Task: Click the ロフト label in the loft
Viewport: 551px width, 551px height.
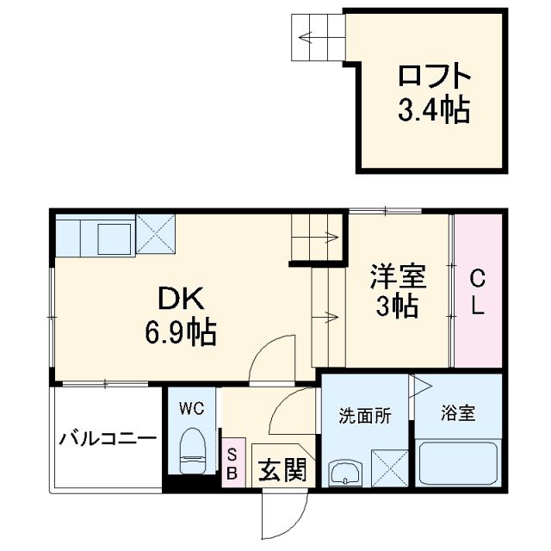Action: pyautogui.click(x=433, y=77)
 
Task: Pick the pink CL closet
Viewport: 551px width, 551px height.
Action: pyautogui.click(x=477, y=293)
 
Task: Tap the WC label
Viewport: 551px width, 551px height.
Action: pyautogui.click(x=191, y=408)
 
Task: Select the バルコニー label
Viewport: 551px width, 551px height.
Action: pyautogui.click(x=108, y=439)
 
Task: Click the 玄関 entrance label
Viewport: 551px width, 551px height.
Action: pyautogui.click(x=282, y=469)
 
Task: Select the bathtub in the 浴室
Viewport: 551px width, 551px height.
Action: pyautogui.click(x=456, y=465)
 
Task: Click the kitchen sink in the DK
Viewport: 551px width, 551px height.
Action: pyautogui.click(x=113, y=235)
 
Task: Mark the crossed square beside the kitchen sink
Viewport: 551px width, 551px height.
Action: pyautogui.click(x=155, y=233)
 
